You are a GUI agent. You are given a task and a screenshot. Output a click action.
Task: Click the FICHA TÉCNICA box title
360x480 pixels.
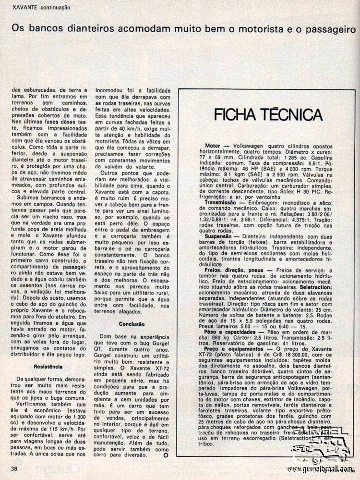(267, 115)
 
